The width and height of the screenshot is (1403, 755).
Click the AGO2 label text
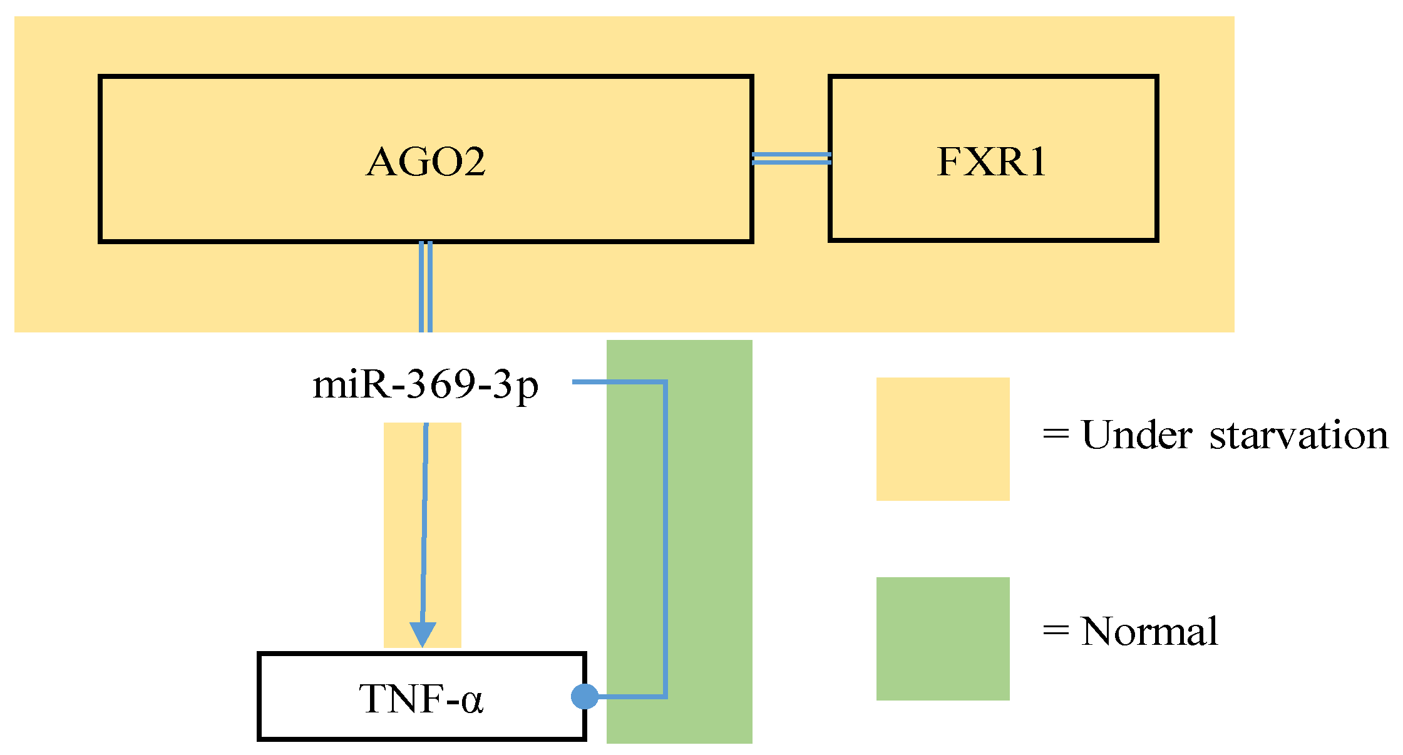[426, 162]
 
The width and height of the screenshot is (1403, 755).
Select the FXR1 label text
[992, 162]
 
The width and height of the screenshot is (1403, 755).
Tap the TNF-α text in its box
[421, 699]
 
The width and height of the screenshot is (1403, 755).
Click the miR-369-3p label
[425, 384]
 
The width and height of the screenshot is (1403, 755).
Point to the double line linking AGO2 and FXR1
[791, 158]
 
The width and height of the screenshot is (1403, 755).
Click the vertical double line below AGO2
[426, 287]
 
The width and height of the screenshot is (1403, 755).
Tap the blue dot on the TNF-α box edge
[585, 696]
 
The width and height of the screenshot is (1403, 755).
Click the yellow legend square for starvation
[942, 439]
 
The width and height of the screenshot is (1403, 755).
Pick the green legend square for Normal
[942, 638]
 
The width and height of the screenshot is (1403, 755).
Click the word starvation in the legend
[1298, 436]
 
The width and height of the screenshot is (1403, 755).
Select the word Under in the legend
[1136, 435]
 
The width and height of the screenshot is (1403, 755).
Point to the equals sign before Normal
[1056, 631]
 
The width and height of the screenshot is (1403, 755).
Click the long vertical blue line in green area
[665, 538]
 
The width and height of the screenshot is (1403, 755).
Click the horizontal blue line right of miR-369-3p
[617, 381]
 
